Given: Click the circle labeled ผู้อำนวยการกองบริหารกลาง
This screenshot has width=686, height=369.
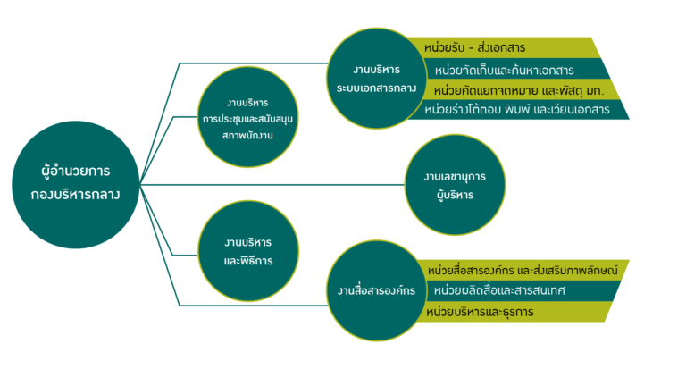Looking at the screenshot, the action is pyautogui.click(x=76, y=185).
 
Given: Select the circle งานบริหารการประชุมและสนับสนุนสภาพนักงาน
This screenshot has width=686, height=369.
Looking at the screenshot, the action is pyautogui.click(x=247, y=117).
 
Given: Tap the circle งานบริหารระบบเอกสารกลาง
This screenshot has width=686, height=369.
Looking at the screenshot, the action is pyautogui.click(x=377, y=79).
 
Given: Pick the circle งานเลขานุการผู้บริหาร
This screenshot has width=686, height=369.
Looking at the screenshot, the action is pyautogui.click(x=455, y=185).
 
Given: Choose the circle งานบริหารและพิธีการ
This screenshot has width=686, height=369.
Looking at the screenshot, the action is pyautogui.click(x=248, y=251).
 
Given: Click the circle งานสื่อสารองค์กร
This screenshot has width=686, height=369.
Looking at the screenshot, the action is pyautogui.click(x=377, y=290).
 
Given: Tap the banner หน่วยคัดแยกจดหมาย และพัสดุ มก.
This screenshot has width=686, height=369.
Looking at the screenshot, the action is pyautogui.click(x=521, y=89).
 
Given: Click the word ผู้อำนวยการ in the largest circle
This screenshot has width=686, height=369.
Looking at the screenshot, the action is pyautogui.click(x=76, y=172).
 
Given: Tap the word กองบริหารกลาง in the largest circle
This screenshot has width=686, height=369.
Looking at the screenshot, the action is pyautogui.click(x=75, y=195).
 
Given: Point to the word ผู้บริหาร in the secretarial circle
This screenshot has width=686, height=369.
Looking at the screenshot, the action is pyautogui.click(x=455, y=196).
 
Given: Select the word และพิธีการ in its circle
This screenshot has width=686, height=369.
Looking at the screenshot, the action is pyautogui.click(x=248, y=261).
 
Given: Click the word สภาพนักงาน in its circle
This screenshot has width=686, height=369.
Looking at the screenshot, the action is pyautogui.click(x=247, y=136).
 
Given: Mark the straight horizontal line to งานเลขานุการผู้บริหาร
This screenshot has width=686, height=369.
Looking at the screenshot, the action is pyautogui.click(x=272, y=185).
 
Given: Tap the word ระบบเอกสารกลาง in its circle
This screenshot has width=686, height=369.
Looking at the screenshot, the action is pyautogui.click(x=376, y=88).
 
